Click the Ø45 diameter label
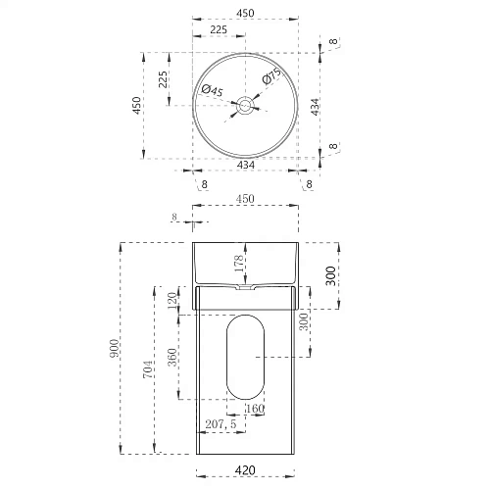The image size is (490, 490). pos(212,90)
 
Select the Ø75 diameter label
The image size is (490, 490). pos(271,75)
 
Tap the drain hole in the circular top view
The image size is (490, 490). pos(245,105)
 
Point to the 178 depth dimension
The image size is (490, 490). pos(239,264)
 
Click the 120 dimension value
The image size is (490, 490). pos(172,301)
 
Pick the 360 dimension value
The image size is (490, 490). pos(172,357)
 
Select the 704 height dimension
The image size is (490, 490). pos(148,369)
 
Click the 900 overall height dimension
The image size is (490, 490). pos(115,348)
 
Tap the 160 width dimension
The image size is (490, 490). pos(255,409)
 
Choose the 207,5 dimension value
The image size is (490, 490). pos(220,424)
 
